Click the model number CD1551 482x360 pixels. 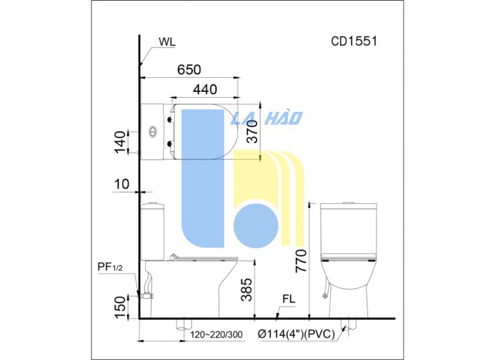[354, 41]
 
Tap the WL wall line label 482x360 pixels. [167, 42]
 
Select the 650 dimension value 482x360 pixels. [189, 70]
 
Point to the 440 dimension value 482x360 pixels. [205, 89]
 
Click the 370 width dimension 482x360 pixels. [253, 132]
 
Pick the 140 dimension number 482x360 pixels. [120, 142]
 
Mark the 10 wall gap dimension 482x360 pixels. [121, 184]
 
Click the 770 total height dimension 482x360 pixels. [301, 261]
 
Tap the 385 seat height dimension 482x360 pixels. [247, 289]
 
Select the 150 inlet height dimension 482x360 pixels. [120, 307]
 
